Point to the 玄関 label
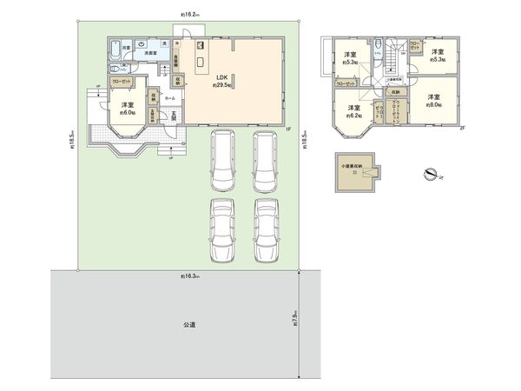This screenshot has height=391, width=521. point(172,118)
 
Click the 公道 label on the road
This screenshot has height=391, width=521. point(189,324)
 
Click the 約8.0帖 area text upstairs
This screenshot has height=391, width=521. point(432,104)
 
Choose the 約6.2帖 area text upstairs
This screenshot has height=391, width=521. point(353,114)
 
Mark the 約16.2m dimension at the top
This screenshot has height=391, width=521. point(190,15)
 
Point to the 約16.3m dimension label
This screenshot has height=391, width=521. point(190,276)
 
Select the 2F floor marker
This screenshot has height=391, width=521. point(462,127)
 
